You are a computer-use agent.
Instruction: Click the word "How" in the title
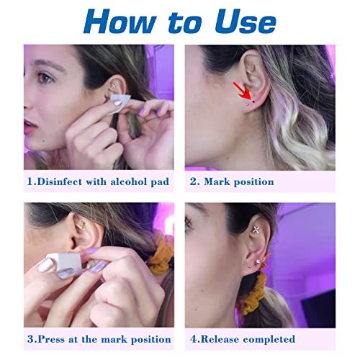pyautogui.click(x=120, y=21)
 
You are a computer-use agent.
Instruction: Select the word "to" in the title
pyautogui.click(x=181, y=22)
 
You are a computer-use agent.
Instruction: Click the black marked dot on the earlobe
pyautogui.click(x=248, y=102)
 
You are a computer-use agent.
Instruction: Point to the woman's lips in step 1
pyautogui.click(x=30, y=127)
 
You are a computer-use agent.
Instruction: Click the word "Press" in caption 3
pyautogui.click(x=51, y=339)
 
